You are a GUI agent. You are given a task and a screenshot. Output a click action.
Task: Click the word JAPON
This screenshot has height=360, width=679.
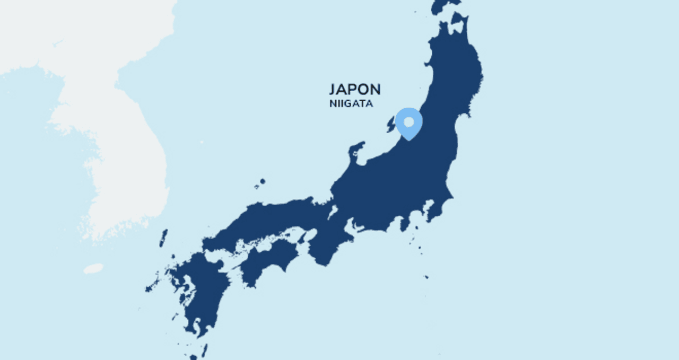pyautogui.click(x=354, y=90)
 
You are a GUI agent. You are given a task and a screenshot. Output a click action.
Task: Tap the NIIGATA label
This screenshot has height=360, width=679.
pyautogui.click(x=351, y=104)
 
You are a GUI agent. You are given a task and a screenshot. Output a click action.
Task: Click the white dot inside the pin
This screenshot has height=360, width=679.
pyautogui.click(x=408, y=122)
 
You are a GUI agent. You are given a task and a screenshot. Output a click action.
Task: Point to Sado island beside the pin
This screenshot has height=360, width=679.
pyautogui.click(x=391, y=125)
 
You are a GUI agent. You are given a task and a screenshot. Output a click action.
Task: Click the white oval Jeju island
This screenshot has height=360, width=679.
pyautogui.click(x=93, y=269)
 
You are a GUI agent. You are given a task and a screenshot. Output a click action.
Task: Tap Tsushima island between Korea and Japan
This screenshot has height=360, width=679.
pyautogui.click(x=163, y=238)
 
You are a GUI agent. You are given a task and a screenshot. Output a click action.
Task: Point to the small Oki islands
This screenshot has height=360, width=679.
pyautogui.click(x=260, y=183)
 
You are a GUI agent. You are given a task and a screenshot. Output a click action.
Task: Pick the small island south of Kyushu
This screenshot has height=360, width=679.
pyautogui.click(x=204, y=350)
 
